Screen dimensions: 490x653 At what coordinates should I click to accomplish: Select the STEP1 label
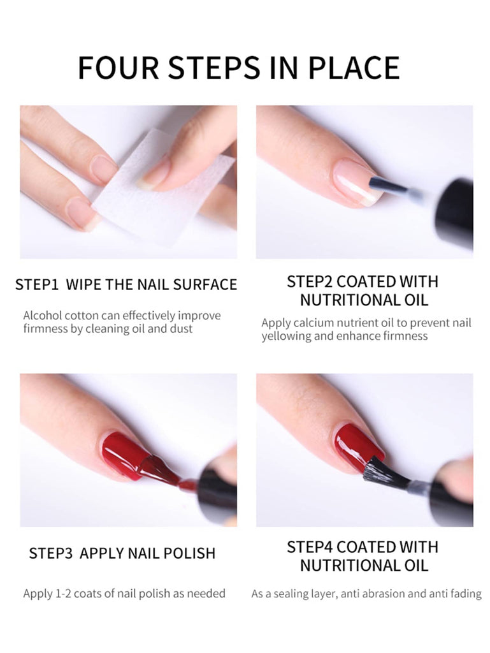click(x=36, y=284)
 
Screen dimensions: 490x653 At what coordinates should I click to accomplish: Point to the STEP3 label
click(x=51, y=553)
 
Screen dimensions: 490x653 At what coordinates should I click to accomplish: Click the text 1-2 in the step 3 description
click(x=63, y=594)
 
